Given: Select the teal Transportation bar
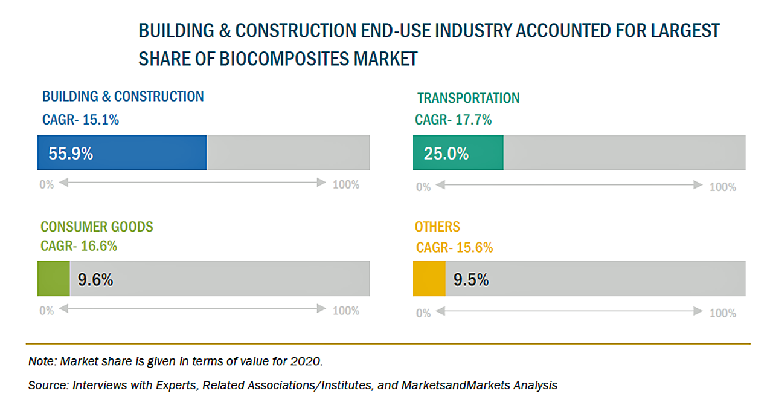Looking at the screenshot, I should [458, 153].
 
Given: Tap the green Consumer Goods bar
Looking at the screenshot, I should [54, 279].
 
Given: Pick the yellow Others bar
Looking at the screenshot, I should [429, 279].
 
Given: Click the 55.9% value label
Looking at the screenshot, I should [71, 154].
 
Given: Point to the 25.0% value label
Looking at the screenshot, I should [446, 154].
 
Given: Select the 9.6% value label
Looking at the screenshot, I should [95, 280].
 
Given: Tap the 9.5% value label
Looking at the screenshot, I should [471, 280].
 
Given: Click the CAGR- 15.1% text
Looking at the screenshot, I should [80, 120].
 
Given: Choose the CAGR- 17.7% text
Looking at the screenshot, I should [453, 120].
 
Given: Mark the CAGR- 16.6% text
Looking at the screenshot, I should [79, 246].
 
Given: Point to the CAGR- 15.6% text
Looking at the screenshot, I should [454, 247].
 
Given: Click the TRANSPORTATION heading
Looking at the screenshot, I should [468, 98].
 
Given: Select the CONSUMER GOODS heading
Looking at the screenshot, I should [97, 227].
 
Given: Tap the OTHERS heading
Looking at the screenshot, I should [437, 227].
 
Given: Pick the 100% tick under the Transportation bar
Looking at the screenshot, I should [722, 187].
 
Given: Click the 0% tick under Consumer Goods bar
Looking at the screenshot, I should [47, 311].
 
